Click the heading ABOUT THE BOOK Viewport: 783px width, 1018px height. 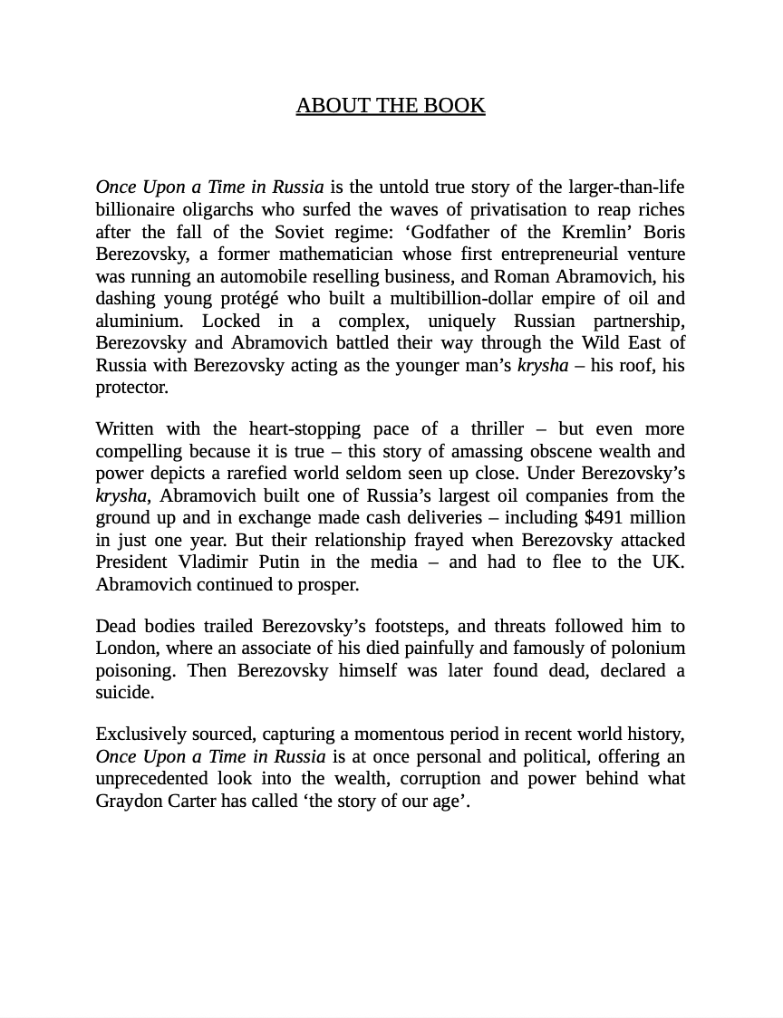391,106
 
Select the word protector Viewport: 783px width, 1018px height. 131,388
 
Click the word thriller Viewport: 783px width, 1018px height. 494,428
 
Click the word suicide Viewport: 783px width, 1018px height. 124,693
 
